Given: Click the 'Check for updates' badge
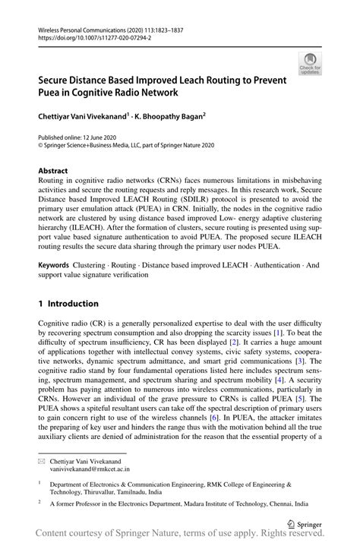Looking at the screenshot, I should pyautogui.click(x=310, y=65).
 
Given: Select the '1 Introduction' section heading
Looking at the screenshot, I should pyautogui.click(x=68, y=303).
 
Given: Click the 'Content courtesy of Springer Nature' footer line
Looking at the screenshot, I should pyautogui.click(x=180, y=537).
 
